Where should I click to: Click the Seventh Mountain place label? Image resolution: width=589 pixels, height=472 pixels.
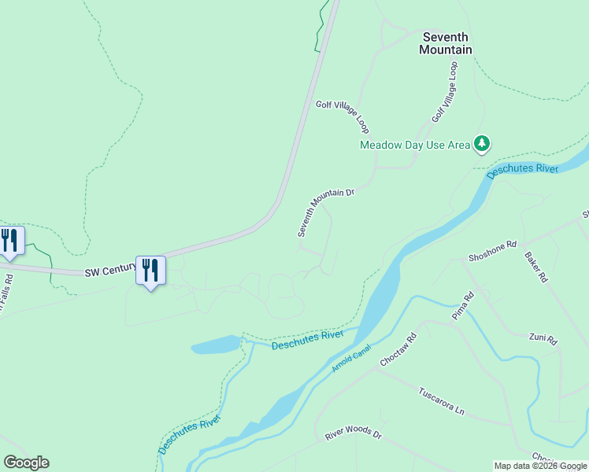coord(446,43)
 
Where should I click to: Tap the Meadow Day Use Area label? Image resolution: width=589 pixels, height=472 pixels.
coord(414,145)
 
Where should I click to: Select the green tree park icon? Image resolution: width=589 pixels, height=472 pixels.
coord(482,143)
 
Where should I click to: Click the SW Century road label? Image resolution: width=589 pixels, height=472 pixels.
coord(110,270)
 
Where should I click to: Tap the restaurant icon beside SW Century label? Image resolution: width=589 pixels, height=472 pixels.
coord(150,271)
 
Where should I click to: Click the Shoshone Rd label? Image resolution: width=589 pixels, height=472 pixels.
coord(492,251)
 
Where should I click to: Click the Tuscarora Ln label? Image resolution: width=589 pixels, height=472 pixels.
coord(442,400)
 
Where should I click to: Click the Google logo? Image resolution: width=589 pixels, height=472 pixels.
coord(26,463)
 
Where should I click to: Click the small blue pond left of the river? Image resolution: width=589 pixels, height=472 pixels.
coord(215,345)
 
